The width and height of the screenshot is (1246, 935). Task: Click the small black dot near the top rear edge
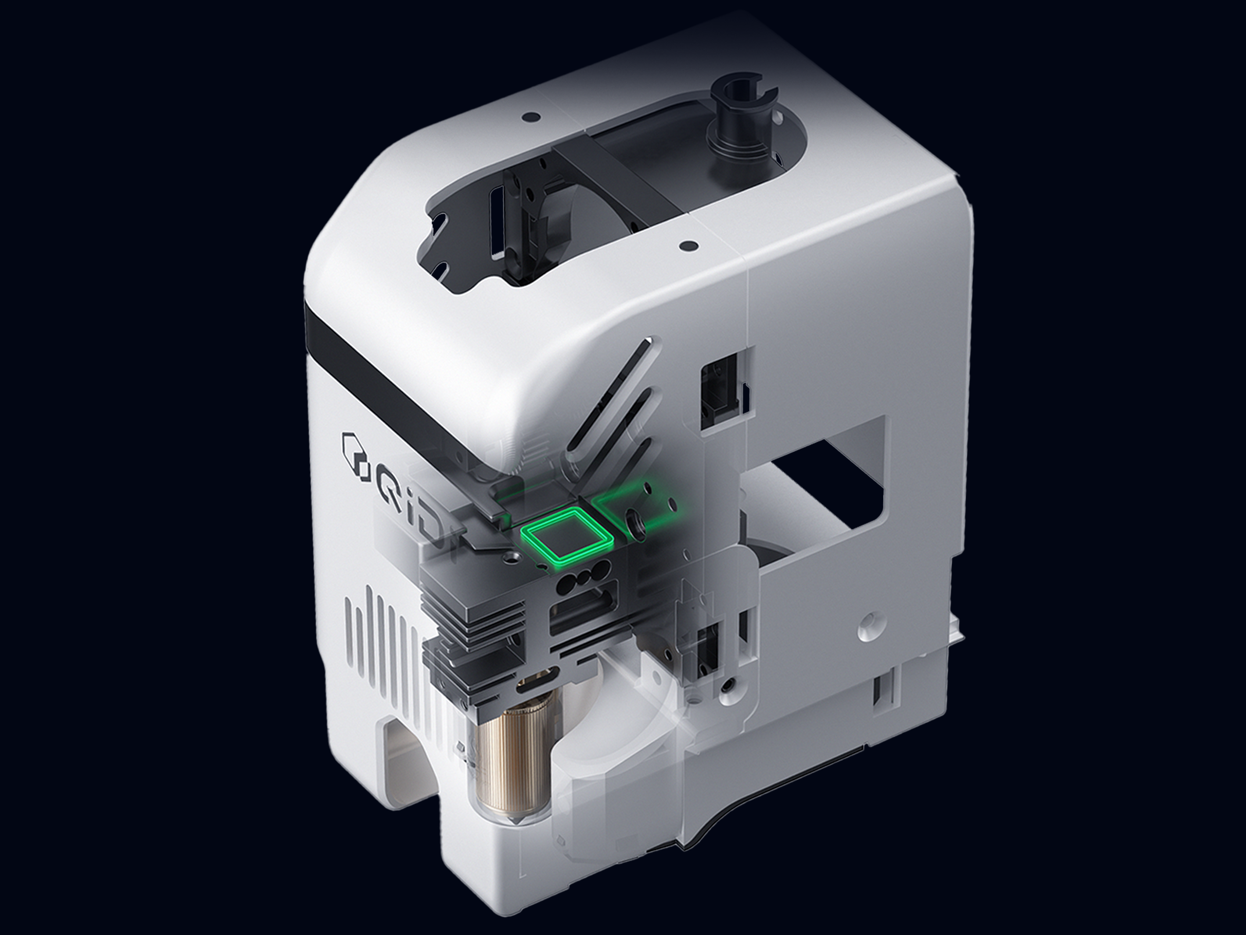click(x=530, y=118)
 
